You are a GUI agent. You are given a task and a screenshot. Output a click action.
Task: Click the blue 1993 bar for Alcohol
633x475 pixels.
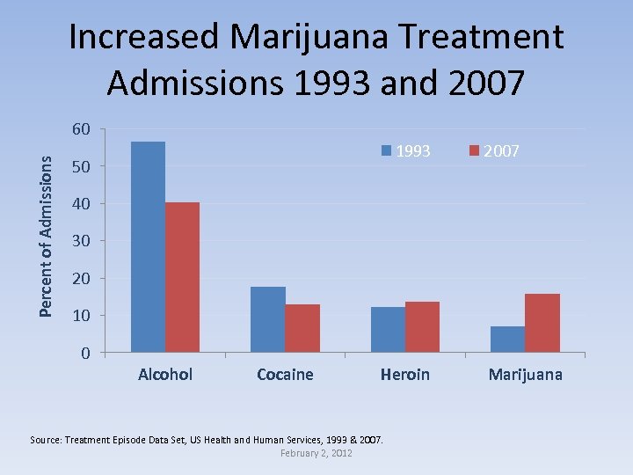148,247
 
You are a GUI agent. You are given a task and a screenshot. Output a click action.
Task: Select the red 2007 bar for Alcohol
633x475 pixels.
182,277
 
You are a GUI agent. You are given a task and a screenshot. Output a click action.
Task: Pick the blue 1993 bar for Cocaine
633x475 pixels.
267,319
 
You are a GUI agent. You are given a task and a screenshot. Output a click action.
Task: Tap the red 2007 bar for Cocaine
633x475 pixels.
302,328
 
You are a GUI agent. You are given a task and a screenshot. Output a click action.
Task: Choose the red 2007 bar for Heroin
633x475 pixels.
422,327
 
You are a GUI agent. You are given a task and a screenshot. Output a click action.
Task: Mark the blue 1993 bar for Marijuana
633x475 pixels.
507,340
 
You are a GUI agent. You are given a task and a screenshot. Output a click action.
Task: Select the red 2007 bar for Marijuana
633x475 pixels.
542,323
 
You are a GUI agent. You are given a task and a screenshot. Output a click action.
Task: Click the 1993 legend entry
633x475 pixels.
405,151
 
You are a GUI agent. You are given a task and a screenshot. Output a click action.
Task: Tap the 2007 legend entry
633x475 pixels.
494,151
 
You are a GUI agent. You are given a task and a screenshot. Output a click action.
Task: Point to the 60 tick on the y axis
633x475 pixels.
80,130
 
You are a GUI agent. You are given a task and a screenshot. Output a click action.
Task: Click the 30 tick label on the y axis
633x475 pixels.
80,241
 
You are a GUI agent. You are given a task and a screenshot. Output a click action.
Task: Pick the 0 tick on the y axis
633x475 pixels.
84,354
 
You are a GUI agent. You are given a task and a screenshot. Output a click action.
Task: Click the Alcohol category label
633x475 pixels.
165,375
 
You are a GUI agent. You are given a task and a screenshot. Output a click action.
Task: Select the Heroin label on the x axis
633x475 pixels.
404,375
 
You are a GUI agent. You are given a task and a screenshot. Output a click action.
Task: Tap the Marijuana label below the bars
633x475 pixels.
525,375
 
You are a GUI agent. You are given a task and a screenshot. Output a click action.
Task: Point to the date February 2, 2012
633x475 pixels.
316,452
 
